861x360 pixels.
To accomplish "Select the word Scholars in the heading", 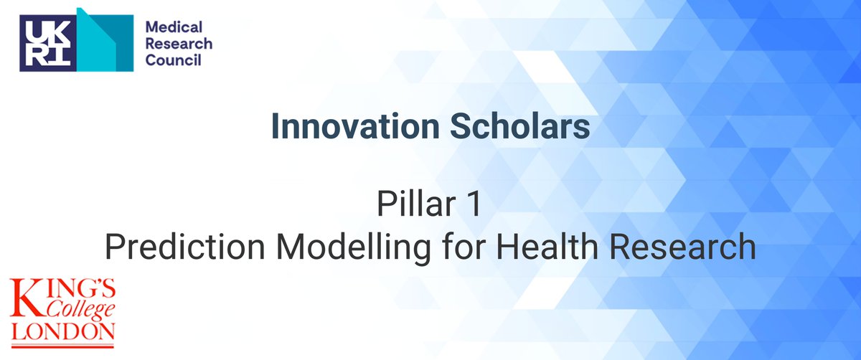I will tap(527, 127).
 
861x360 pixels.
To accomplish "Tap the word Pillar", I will tap(412, 207).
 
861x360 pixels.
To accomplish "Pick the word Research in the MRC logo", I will tap(179, 44).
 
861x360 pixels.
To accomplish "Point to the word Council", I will tap(173, 61).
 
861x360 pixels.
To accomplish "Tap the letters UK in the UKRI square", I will tap(45, 32).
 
